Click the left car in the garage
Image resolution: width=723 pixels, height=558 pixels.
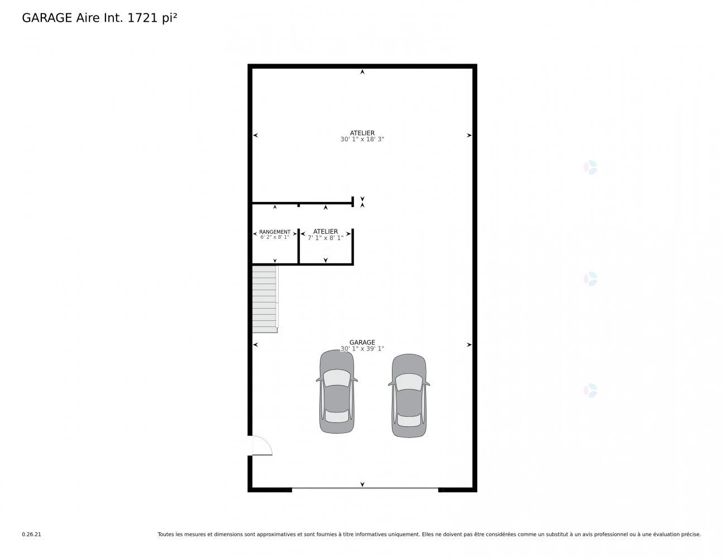click(337, 392)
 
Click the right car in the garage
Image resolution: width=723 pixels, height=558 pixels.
click(409, 396)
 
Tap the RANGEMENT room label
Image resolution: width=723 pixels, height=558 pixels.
click(275, 232)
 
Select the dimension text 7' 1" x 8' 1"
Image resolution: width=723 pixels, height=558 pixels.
click(325, 238)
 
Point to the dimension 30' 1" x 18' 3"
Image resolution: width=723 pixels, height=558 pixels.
click(362, 139)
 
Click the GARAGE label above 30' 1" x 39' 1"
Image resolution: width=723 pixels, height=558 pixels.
click(362, 342)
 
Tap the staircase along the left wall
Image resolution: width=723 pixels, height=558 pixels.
click(265, 299)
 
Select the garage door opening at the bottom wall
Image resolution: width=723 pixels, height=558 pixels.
click(365, 488)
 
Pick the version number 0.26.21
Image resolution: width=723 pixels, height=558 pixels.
click(32, 535)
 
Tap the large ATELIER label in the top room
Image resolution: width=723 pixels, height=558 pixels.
click(362, 133)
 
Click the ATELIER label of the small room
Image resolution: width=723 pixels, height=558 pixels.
click(325, 232)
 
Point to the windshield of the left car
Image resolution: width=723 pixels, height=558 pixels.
click(337, 378)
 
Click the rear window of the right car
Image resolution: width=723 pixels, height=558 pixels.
click(409, 420)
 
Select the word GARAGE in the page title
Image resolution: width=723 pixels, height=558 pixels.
click(47, 18)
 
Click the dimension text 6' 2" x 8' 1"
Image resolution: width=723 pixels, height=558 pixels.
click(275, 237)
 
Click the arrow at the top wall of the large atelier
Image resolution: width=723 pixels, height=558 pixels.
click(362, 71)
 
